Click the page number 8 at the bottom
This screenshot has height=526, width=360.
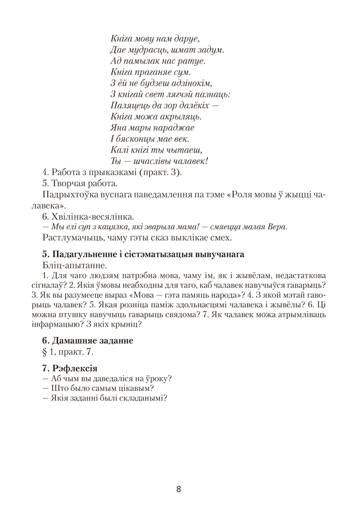click(179, 489)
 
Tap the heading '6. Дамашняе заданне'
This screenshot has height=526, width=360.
click(87, 340)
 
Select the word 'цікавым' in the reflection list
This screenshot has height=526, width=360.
click(130, 388)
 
